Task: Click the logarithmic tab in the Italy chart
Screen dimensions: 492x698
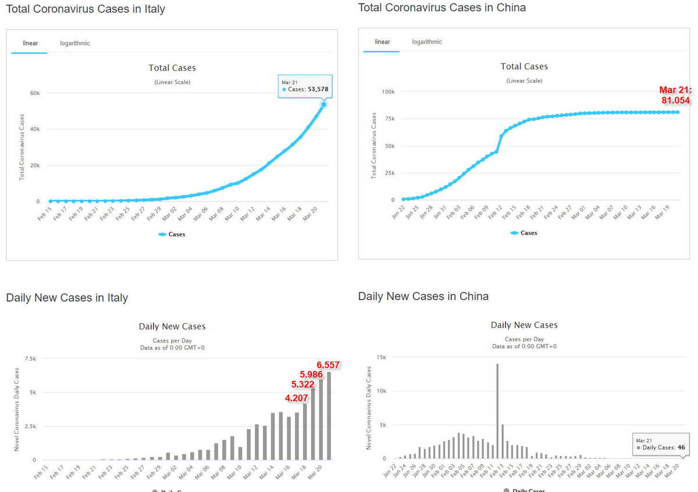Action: point(75,43)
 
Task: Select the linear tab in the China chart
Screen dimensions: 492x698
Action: point(382,42)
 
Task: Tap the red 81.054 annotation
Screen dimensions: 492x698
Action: point(675,95)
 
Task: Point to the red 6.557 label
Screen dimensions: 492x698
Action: point(328,365)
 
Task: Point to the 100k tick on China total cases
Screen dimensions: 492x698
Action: point(388,92)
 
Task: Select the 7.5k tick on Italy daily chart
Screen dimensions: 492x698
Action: point(31,359)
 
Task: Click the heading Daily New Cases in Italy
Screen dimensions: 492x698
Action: point(67,298)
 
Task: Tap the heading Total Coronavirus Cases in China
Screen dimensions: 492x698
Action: point(442,8)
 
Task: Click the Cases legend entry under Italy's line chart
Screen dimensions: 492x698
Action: point(172,235)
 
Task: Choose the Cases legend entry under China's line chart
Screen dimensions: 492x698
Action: point(524,233)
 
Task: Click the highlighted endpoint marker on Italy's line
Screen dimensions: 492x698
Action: point(323,104)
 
